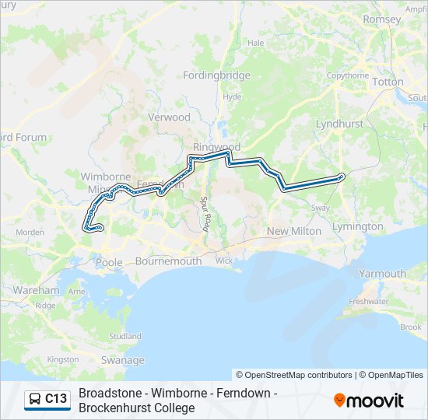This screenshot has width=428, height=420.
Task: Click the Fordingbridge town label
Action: click(216, 75)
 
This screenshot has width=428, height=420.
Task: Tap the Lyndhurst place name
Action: click(340, 124)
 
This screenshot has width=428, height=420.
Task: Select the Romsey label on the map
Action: click(381, 19)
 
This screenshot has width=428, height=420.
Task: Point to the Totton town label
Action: click(388, 82)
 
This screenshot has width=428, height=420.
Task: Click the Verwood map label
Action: click(170, 117)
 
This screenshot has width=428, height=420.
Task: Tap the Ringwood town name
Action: click(217, 147)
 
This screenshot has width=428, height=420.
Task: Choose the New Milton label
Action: click(294, 231)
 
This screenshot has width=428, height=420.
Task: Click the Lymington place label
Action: click(357, 226)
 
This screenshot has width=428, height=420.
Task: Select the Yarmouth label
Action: click(382, 274)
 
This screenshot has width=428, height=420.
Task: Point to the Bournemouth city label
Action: click(169, 261)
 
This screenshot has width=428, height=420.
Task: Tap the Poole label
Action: click(109, 262)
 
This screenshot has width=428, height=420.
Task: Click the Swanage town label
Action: click(123, 360)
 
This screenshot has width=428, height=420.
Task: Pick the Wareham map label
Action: click(36, 290)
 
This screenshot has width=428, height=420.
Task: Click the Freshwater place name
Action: click(369, 301)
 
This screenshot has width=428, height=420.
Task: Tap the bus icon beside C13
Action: click(35, 399)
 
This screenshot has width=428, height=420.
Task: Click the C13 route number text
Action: click(56, 399)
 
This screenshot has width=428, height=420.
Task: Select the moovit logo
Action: click(369, 401)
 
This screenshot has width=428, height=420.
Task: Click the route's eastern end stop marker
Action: click(342, 177)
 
